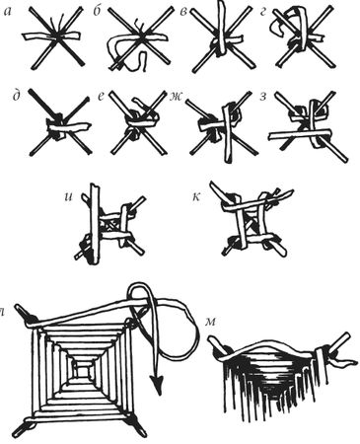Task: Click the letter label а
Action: click(7, 12)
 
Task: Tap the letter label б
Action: click(97, 11)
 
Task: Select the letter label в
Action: click(183, 12)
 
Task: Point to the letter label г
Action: click(263, 12)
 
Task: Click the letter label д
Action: click(17, 97)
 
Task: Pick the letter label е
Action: click(102, 97)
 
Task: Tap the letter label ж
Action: click(175, 97)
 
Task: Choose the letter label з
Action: click(263, 97)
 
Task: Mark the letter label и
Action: click(68, 198)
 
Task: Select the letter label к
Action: click(196, 198)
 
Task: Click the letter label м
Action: click(210, 322)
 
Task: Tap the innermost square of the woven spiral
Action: click(82, 372)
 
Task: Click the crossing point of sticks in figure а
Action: click(58, 37)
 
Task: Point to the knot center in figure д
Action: click(58, 127)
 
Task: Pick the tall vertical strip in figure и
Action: click(95, 224)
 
